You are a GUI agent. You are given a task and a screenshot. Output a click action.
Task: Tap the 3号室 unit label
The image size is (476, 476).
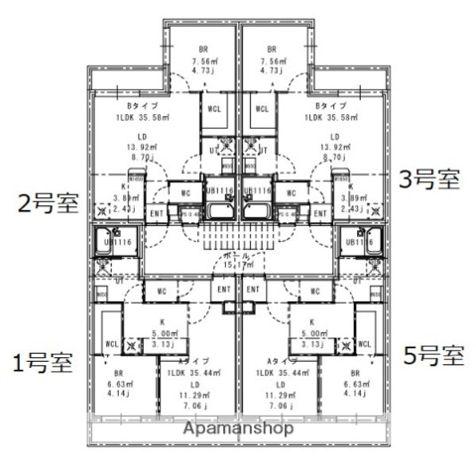click(429, 180)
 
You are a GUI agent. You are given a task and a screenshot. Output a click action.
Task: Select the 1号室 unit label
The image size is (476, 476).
click(42, 361)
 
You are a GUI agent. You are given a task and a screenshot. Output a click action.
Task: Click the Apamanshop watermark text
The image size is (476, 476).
click(237, 430)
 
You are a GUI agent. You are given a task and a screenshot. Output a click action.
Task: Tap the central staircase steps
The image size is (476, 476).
click(238, 238)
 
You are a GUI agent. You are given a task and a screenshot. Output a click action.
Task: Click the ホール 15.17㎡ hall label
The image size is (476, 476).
click(238, 261)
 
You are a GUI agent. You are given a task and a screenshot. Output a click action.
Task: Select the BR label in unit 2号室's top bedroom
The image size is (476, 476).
click(202, 49)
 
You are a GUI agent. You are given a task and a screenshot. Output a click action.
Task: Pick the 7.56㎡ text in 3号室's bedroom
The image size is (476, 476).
click(275, 59)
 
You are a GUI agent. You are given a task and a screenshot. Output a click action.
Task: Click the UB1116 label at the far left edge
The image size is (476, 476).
click(115, 241)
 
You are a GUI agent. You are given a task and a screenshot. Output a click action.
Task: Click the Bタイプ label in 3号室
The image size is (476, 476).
click(330, 105)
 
